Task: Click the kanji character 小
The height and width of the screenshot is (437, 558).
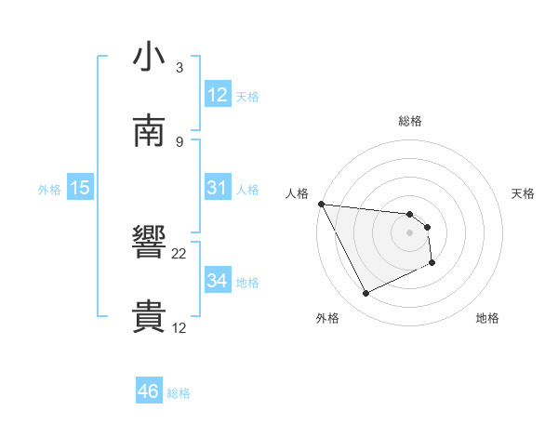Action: (149, 58)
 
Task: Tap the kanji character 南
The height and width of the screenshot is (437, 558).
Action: (149, 131)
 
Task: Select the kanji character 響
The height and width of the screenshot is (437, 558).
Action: (149, 244)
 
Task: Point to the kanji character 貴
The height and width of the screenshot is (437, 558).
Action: (149, 318)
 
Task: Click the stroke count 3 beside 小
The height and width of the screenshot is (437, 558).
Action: (179, 68)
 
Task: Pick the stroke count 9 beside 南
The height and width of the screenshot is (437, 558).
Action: (179, 141)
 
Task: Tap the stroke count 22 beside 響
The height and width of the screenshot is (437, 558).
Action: (179, 253)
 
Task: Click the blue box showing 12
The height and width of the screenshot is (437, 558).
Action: (217, 95)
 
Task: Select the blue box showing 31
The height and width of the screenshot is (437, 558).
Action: (217, 188)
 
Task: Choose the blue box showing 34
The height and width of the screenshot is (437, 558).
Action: (217, 281)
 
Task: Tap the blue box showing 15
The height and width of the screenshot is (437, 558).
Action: (80, 188)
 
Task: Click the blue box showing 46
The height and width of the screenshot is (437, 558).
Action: (148, 391)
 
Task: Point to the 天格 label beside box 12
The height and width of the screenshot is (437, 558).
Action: (247, 97)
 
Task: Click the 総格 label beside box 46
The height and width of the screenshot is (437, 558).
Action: (179, 393)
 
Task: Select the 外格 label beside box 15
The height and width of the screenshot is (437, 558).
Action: (49, 190)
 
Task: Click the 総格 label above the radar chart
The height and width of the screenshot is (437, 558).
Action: (410, 121)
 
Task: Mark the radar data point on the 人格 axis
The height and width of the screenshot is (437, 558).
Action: (321, 204)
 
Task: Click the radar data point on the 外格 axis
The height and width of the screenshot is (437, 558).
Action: (365, 294)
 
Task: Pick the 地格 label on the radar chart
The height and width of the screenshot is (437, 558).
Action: (487, 319)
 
